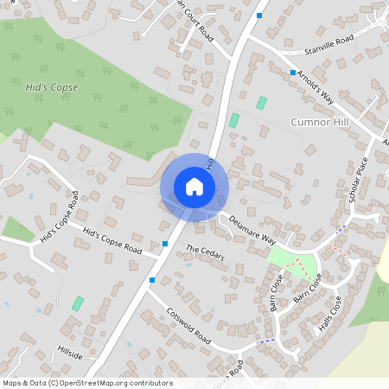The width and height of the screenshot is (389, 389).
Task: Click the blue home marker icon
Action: click(x=194, y=187)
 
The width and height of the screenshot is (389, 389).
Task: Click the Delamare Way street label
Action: click(x=253, y=230)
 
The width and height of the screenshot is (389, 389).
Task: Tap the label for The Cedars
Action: click(x=205, y=257)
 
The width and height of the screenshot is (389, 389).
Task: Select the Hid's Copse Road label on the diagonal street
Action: click(x=112, y=240)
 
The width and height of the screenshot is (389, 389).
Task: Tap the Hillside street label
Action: click(x=69, y=355)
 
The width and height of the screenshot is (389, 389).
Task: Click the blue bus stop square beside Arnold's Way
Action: click(x=293, y=72)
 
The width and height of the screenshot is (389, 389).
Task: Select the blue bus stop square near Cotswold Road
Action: click(x=152, y=280)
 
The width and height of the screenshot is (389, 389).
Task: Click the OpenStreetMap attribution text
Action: click(x=87, y=382)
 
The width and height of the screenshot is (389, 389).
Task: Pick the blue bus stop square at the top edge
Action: click(x=259, y=15)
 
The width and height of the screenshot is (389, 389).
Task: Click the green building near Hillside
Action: click(x=78, y=303)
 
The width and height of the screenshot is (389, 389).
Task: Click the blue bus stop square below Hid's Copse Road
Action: click(x=165, y=244)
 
